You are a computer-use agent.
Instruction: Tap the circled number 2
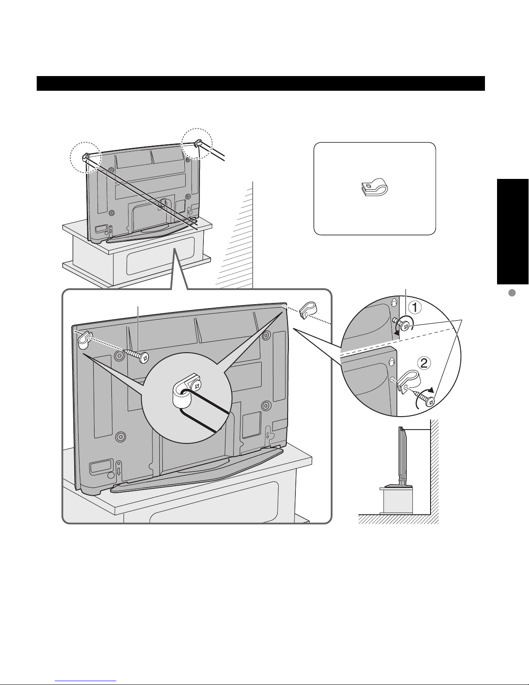point(424,363)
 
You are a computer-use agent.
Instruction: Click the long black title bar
point(261,83)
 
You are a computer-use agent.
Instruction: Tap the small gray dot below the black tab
point(512,293)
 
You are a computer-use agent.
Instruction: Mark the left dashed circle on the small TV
point(86,157)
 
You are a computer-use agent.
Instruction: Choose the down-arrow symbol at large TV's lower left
point(119,469)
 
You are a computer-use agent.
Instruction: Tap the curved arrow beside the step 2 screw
point(424,398)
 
